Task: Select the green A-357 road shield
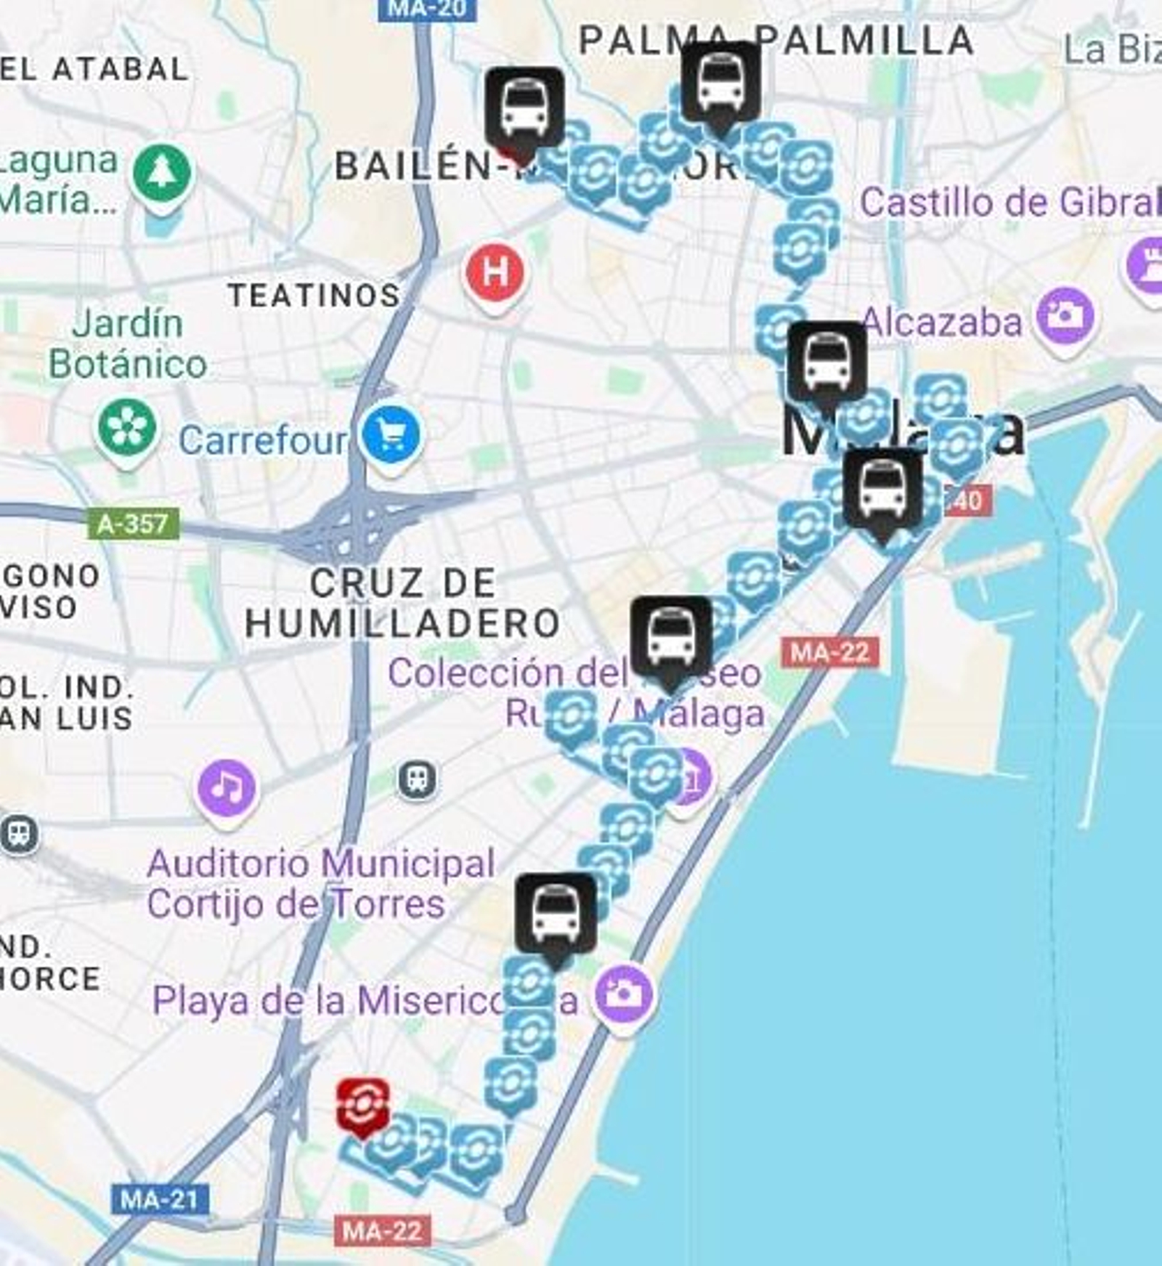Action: [133, 523]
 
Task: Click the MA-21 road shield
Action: [160, 1199]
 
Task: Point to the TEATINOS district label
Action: [314, 295]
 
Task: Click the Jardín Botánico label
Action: [128, 344]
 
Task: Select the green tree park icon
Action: [162, 173]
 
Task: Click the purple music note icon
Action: [227, 787]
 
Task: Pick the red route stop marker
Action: [362, 1106]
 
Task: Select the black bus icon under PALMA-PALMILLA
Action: [720, 84]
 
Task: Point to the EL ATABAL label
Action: [94, 70]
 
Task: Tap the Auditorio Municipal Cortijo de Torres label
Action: [321, 883]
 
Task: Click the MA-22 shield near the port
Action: [829, 652]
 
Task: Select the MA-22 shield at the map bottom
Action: [383, 1231]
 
